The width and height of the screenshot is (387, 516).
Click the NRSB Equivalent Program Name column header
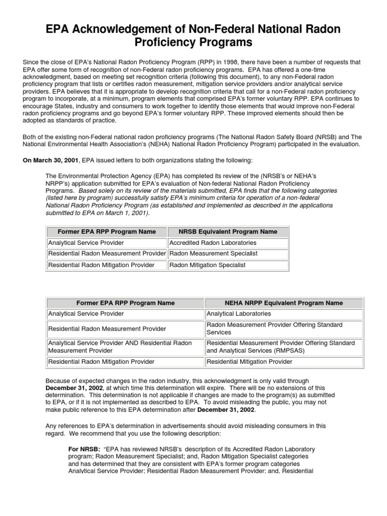pyautogui.click(x=228, y=232)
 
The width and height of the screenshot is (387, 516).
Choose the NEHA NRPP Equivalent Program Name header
pyautogui.click(x=284, y=303)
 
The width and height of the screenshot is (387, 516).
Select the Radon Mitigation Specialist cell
pyautogui.click(x=207, y=265)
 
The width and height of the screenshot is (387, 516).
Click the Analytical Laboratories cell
pyautogui.click(x=235, y=314)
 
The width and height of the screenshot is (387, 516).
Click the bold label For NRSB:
pyautogui.click(x=84, y=449)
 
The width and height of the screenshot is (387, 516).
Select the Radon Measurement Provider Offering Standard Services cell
pyautogui.click(x=275, y=329)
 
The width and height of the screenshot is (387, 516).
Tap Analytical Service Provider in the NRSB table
pyautogui.click(x=86, y=243)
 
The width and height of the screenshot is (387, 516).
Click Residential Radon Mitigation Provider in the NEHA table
pyautogui.click(x=101, y=362)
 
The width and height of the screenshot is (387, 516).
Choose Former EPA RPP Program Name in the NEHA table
pyautogui.click(x=125, y=303)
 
